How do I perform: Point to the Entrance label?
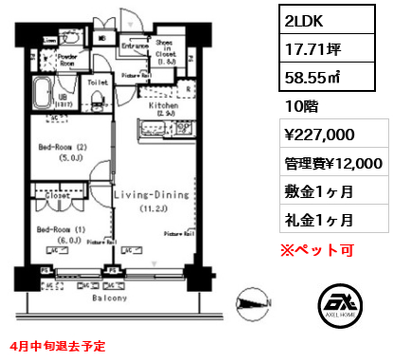point(136,45)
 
